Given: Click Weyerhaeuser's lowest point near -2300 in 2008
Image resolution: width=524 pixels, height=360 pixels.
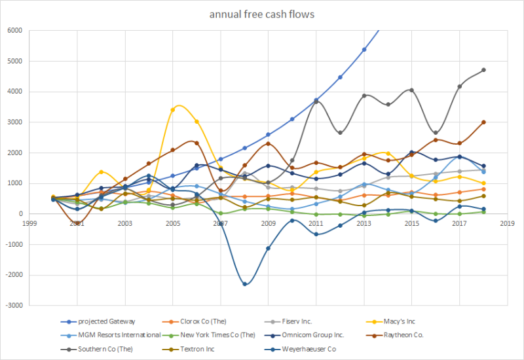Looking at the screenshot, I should pyautogui.click(x=244, y=284).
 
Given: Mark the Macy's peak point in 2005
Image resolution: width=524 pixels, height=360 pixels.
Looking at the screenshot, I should pyautogui.click(x=172, y=110).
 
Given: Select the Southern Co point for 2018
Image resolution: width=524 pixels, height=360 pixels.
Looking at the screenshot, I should pyautogui.click(x=483, y=70).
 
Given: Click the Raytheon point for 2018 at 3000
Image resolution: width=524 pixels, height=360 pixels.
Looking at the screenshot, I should pyautogui.click(x=483, y=122).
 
